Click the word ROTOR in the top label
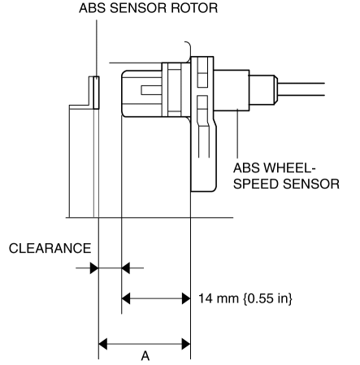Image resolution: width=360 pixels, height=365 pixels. click(x=194, y=8)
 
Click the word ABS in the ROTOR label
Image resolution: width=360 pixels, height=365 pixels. click(x=93, y=8)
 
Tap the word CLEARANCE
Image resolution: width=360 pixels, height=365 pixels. click(x=50, y=248)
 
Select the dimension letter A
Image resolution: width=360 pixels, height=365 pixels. click(x=145, y=355)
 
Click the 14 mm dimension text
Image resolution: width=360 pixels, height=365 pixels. click(x=219, y=298)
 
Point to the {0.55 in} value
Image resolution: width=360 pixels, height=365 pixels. click(x=267, y=298)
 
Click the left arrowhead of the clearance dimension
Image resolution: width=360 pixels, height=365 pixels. click(x=94, y=268)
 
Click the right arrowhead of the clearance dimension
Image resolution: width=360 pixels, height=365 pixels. click(x=126, y=268)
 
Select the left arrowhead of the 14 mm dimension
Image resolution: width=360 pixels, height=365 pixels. click(x=126, y=298)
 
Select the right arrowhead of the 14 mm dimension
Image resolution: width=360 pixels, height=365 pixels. click(x=186, y=298)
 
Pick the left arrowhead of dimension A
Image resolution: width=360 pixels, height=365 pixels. click(x=102, y=344)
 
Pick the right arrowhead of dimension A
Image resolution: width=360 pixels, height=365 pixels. click(x=186, y=344)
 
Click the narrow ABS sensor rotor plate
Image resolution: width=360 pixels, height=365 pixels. click(x=96, y=93)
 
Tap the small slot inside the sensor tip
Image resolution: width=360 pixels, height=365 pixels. click(x=151, y=90)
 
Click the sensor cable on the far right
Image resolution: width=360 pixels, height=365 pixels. click(x=301, y=89)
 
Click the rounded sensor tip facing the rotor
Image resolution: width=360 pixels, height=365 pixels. click(x=141, y=93)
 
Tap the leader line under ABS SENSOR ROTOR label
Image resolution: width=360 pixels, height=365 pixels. click(x=97, y=48)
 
